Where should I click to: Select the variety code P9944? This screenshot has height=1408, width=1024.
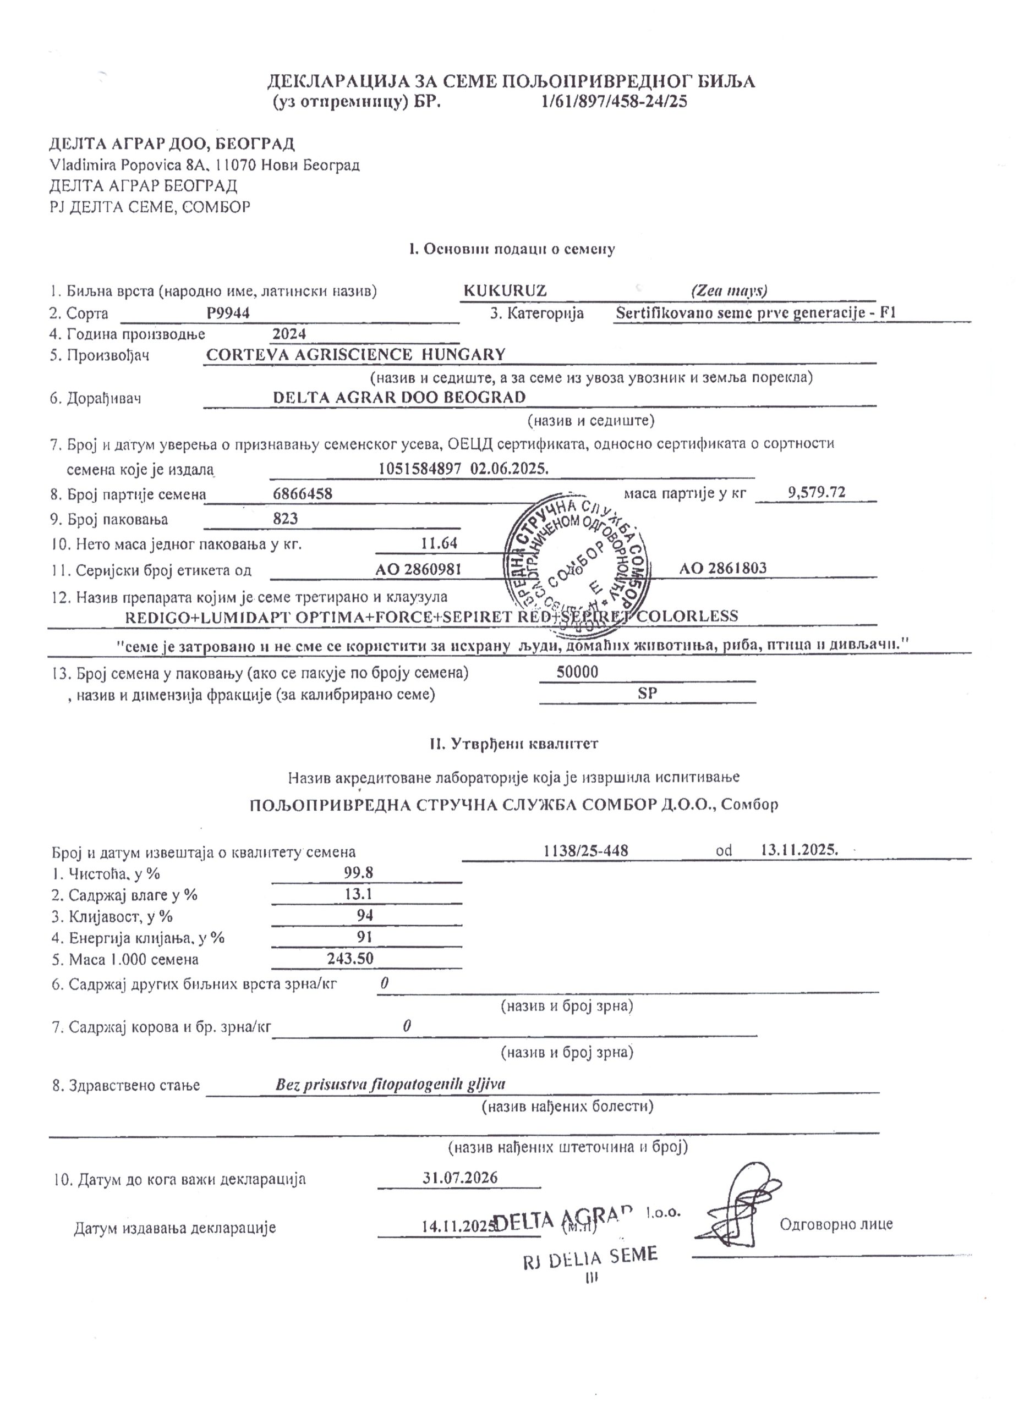tap(228, 313)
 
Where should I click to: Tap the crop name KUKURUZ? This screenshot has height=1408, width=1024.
tap(505, 290)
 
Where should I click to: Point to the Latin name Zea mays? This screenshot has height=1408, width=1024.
tap(729, 290)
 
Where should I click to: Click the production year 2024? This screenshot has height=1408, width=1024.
tap(289, 334)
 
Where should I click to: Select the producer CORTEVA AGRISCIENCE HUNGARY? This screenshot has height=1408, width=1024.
tap(355, 355)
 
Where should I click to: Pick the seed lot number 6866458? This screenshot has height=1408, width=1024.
tap(303, 494)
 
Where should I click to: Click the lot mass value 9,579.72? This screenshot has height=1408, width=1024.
tap(816, 492)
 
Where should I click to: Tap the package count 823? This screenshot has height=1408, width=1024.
tap(286, 519)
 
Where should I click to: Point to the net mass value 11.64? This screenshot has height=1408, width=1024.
tap(439, 543)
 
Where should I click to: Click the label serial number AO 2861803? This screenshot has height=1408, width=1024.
tap(723, 568)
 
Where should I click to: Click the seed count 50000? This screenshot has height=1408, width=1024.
tap(578, 672)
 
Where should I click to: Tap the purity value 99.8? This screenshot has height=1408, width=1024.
tap(359, 873)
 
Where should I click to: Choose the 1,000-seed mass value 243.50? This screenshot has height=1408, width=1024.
tap(351, 958)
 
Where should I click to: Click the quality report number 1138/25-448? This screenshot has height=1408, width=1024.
tap(585, 850)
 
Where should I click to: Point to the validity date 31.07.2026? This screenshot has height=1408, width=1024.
tap(460, 1178)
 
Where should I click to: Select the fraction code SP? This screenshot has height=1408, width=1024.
tap(647, 694)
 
